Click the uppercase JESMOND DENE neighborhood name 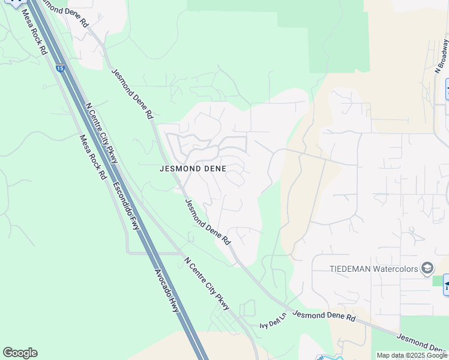193,169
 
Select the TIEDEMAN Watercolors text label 374,268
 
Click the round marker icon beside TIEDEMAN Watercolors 427,268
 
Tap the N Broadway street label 442,56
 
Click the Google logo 20,352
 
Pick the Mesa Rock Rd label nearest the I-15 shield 34,33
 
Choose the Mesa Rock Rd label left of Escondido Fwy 93,157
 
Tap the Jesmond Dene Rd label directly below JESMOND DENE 207,221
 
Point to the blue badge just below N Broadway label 447,89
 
